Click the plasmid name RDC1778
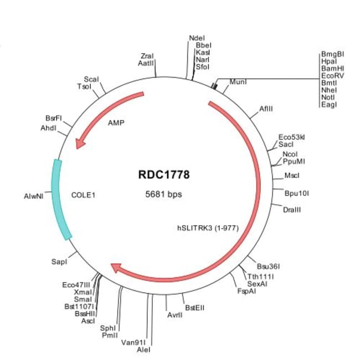[x=163, y=175]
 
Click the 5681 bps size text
[x=163, y=194]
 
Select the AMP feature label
[x=116, y=122]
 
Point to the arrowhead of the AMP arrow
[x=80, y=143]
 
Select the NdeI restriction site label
[x=197, y=38]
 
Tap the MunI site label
[x=238, y=82]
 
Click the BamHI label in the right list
[x=332, y=69]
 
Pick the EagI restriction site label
[x=328, y=105]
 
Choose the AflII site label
[x=266, y=109]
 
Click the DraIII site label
[x=291, y=210]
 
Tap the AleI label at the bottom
[x=143, y=349]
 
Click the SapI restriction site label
[x=59, y=260]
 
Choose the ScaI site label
[x=91, y=79]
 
